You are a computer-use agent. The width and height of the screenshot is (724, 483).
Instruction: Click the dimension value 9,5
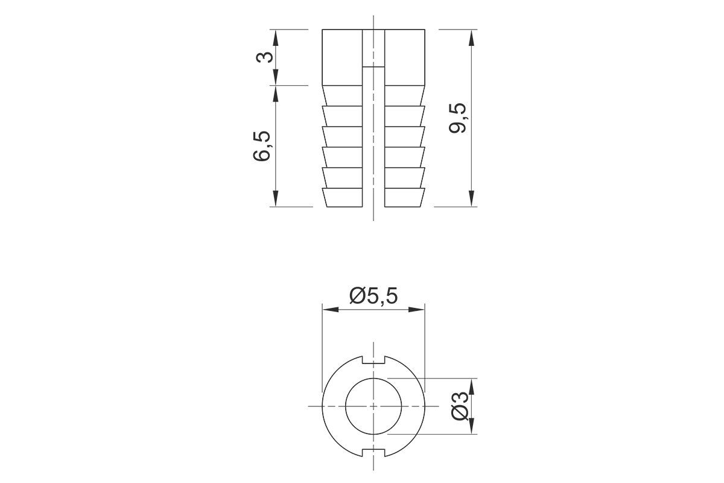pyautogui.click(x=458, y=118)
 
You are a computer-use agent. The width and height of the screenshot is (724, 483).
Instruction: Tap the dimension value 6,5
pyautogui.click(x=261, y=146)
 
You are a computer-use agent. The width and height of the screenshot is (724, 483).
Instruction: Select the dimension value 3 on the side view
pyautogui.click(x=264, y=57)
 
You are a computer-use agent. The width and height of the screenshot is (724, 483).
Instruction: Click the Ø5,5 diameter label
pyautogui.click(x=373, y=296)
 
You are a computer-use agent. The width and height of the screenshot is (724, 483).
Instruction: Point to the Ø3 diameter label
pyautogui.click(x=460, y=406)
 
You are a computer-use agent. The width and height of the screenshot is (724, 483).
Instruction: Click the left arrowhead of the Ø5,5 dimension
pyautogui.click(x=331, y=310)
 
